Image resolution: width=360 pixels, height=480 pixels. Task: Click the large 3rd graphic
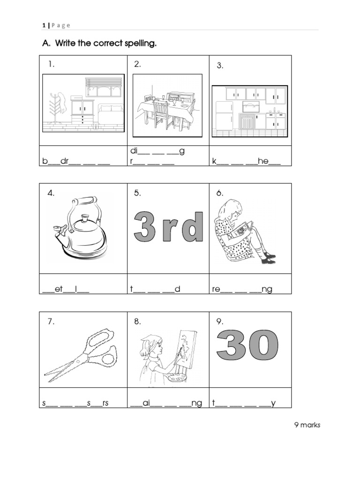point(169,227)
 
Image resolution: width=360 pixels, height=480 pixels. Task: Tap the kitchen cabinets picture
point(249,111)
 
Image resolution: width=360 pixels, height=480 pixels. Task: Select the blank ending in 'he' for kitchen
point(247,161)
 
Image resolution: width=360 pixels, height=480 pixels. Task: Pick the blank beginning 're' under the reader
point(242,289)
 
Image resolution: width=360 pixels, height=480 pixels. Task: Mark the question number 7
point(51,322)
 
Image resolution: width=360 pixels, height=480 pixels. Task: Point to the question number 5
point(137,193)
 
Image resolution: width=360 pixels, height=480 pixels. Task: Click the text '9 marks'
point(307,425)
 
